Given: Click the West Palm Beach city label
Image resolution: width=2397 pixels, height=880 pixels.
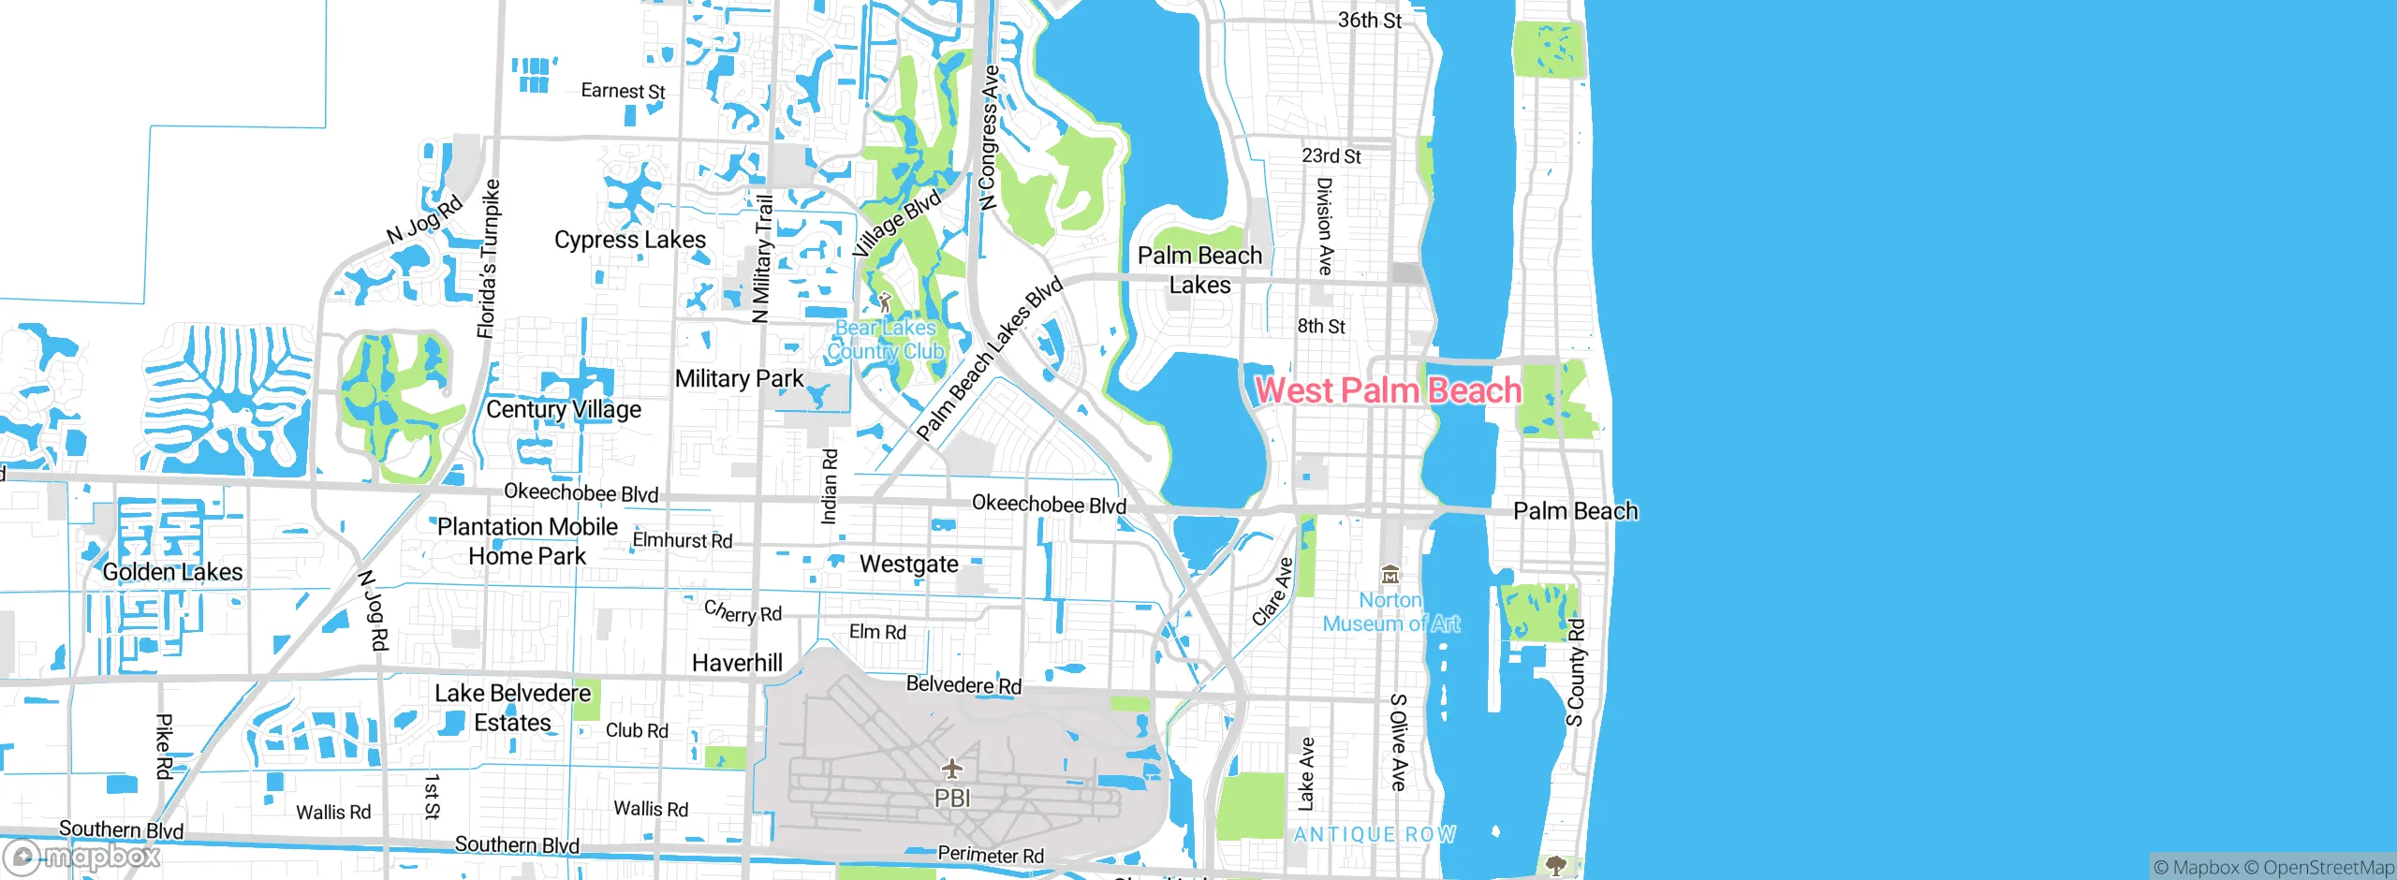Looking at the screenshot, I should [1388, 390].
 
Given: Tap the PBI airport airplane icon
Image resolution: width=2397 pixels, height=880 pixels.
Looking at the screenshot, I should [952, 769].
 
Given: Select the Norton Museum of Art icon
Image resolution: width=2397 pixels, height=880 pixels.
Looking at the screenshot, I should [1390, 575].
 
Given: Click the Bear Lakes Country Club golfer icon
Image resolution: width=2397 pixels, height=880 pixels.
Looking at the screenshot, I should [885, 302].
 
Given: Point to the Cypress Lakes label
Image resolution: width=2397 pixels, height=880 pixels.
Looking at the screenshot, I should [630, 240].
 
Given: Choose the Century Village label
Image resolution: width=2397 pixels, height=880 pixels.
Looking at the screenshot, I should [564, 409].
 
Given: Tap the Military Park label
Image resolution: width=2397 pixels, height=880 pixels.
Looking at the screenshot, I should [739, 378].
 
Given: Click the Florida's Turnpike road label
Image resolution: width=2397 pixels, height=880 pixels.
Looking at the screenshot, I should [488, 258].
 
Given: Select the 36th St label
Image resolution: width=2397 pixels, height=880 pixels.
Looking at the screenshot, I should [1369, 20].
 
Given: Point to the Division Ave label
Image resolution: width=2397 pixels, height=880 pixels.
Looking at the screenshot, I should [1324, 227].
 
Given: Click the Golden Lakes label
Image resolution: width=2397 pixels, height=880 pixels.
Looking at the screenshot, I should [172, 572].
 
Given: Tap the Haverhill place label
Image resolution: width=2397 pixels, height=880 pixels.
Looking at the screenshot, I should [737, 663].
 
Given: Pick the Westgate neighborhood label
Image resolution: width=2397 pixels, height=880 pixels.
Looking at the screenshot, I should [909, 564].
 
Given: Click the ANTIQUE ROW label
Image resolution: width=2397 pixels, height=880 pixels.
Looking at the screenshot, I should [1375, 834].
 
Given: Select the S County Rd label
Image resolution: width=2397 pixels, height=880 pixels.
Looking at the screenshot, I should [1577, 672].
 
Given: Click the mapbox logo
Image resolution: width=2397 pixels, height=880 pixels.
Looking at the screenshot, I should [82, 856].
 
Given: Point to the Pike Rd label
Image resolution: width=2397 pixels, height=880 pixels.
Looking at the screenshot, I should [164, 746].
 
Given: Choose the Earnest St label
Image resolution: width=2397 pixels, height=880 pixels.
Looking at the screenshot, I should [623, 91].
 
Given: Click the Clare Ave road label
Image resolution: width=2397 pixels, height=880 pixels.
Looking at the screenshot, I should [1272, 592].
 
